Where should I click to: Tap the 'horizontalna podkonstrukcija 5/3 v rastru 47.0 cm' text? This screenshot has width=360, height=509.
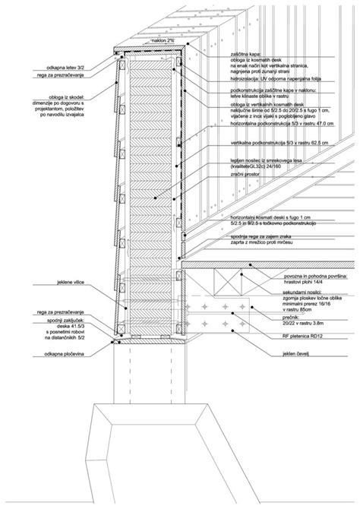(x=282, y=123)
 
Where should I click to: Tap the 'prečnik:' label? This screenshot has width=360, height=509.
(x=247, y=317)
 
